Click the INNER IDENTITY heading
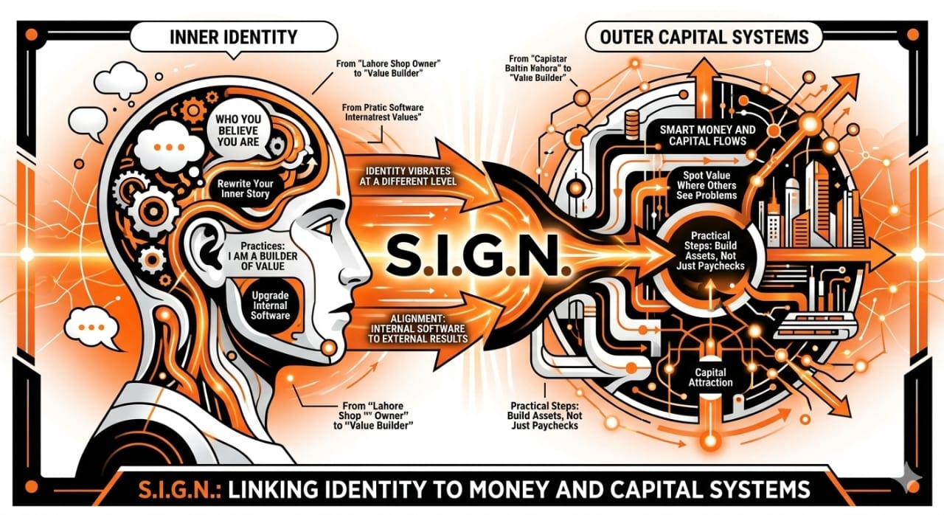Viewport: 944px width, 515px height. click(235, 35)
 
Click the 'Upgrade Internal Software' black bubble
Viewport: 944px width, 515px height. click(270, 304)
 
